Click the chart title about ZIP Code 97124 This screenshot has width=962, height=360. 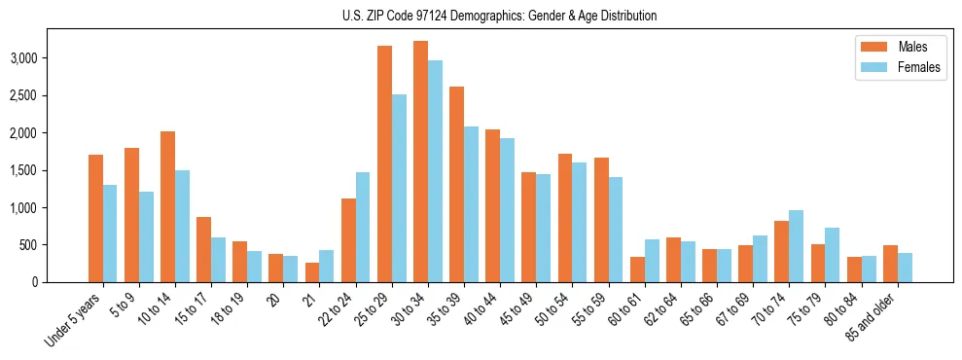pos(500,16)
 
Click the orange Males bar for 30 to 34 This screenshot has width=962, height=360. pos(420,162)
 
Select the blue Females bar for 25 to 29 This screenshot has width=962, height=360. pos(399,188)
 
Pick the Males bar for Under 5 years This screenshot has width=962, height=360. pos(95,218)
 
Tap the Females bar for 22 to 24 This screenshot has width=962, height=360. pos(363,227)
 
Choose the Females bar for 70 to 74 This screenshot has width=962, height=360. pos(796,246)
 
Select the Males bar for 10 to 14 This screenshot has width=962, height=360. pos(167,206)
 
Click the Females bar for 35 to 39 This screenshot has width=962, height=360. pos(471,204)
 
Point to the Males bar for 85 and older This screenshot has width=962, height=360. pos(890,264)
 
